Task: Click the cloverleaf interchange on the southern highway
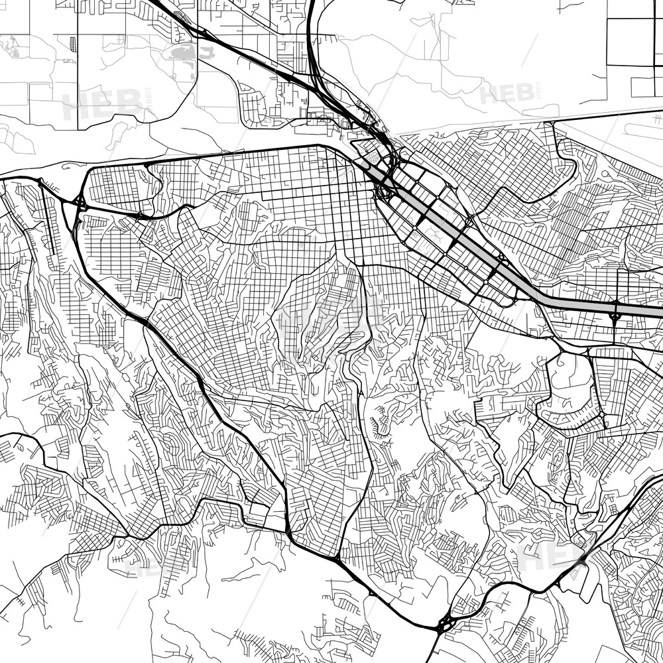444,623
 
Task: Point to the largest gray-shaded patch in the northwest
183,53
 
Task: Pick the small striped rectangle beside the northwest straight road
72,44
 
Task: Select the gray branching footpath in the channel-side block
434,232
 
